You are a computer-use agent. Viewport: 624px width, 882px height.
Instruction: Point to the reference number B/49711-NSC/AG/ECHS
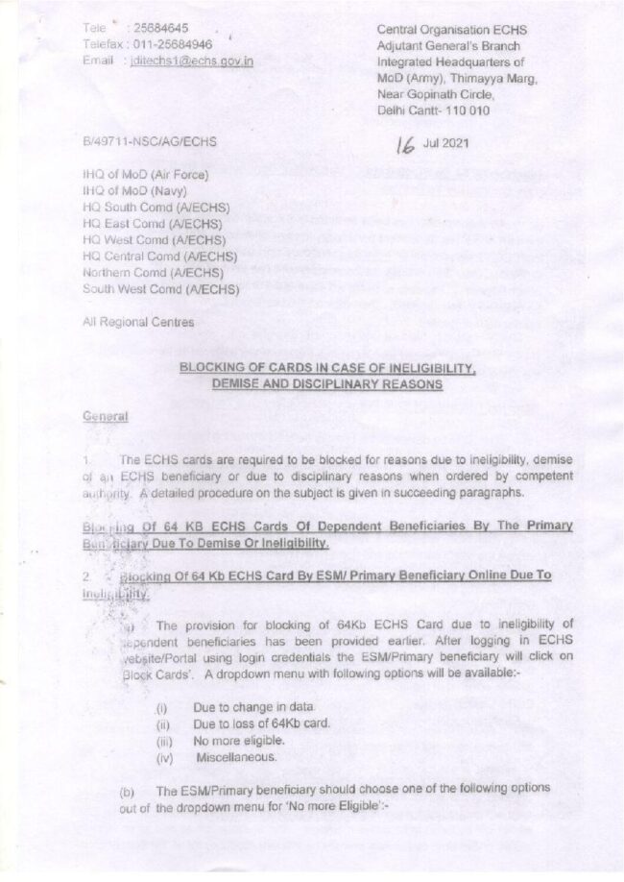tap(150, 141)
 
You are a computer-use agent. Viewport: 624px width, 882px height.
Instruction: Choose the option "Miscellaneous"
tap(235, 757)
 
